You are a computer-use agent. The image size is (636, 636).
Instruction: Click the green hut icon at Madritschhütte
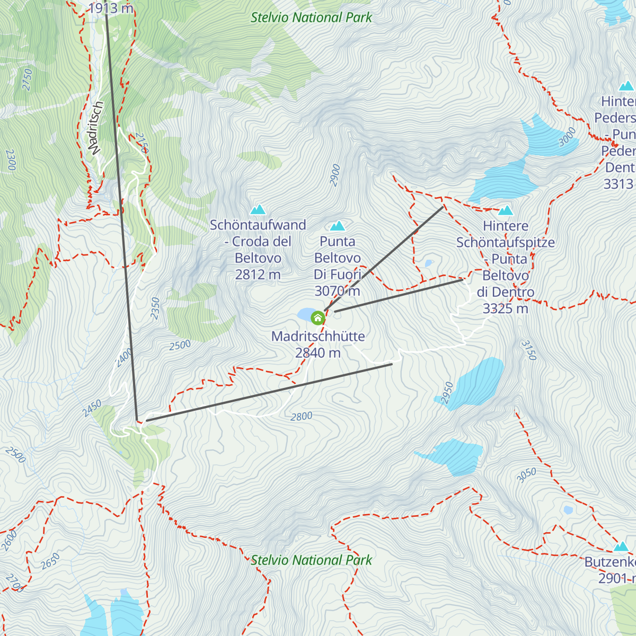[317, 317]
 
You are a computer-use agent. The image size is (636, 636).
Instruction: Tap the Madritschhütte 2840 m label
[318, 344]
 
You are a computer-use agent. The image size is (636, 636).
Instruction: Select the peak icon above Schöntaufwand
[258, 209]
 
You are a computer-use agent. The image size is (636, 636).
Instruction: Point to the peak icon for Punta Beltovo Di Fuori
[337, 227]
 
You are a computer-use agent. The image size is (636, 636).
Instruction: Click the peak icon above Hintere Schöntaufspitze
[506, 210]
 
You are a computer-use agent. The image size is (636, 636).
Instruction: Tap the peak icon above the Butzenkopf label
[621, 546]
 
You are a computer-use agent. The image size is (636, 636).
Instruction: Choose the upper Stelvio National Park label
[311, 17]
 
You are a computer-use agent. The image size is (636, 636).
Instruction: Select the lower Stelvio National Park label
[311, 560]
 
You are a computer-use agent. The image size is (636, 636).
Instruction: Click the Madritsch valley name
[95, 128]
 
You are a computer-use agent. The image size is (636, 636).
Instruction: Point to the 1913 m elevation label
[111, 8]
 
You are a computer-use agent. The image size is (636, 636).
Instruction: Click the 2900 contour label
[335, 175]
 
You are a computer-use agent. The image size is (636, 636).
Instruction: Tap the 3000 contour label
[567, 137]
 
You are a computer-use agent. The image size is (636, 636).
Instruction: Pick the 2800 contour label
[301, 417]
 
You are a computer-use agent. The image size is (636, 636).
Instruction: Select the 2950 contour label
[447, 393]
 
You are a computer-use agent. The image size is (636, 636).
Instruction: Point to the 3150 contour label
[528, 350]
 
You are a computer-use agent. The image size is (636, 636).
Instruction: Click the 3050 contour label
[526, 475]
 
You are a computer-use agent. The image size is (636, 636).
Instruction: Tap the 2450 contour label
[92, 408]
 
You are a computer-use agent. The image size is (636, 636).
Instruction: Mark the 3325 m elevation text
[505, 308]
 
